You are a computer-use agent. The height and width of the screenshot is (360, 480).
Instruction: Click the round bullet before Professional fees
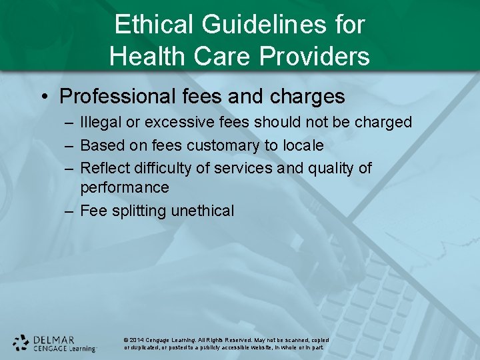pyautogui.click(x=44, y=97)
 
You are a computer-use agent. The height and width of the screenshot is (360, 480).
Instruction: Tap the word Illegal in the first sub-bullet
pyautogui.click(x=98, y=123)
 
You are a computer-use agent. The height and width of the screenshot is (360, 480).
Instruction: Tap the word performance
pyautogui.click(x=125, y=188)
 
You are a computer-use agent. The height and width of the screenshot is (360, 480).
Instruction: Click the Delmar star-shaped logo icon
pyautogui.click(x=21, y=343)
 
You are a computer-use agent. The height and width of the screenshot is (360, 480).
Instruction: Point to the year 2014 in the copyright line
pyautogui.click(x=137, y=341)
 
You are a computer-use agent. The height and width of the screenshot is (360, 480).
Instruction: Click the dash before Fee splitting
pyautogui.click(x=69, y=211)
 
